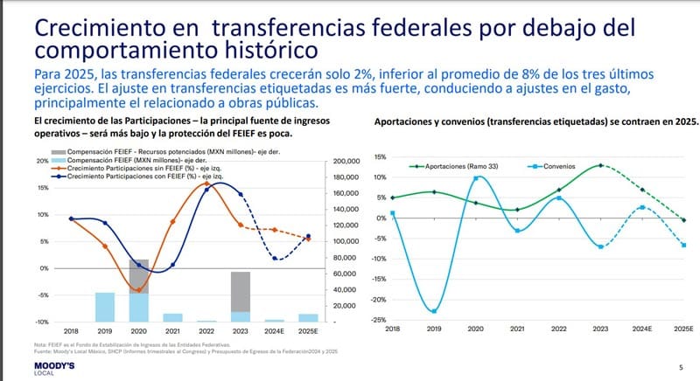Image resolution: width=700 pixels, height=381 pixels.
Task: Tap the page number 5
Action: (681, 368)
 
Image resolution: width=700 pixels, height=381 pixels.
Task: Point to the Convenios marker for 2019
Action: (434, 311)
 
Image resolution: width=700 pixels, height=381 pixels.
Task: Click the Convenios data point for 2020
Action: (476, 178)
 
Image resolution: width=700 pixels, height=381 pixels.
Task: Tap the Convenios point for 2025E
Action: (684, 246)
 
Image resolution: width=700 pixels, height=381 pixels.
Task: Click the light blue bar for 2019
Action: (105, 307)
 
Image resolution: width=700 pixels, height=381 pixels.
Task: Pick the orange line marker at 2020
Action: (138, 290)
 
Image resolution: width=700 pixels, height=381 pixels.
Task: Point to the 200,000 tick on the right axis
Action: (346, 162)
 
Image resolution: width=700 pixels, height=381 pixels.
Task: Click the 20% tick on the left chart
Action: (43, 162)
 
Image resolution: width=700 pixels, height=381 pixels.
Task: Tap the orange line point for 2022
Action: (206, 184)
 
